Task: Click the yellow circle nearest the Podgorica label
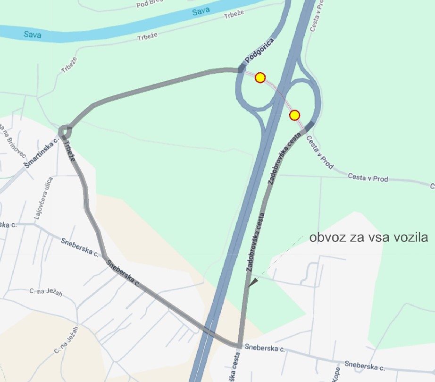(260, 77)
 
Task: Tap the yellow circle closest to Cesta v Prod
(295, 115)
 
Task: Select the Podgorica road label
(259, 51)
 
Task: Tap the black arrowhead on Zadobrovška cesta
(253, 283)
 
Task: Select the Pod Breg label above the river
(150, 4)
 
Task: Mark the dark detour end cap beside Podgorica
(242, 69)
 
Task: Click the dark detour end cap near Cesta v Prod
(310, 126)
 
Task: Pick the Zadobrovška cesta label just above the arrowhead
(255, 242)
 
